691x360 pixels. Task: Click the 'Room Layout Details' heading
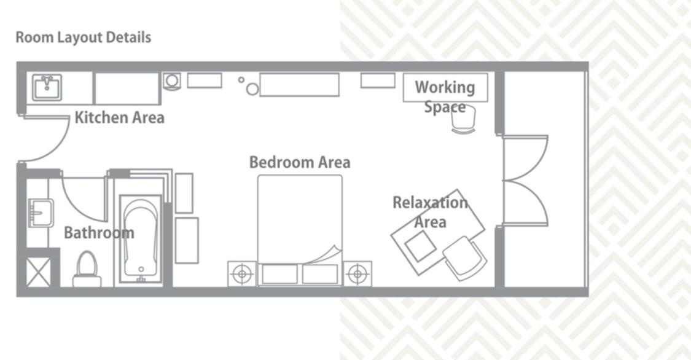[x=84, y=37]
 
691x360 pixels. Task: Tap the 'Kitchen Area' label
[x=119, y=118]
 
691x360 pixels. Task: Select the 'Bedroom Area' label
[x=300, y=162]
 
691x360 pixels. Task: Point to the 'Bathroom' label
[x=99, y=233]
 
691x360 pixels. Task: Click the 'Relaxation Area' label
[x=430, y=212]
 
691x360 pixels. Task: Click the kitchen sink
[x=47, y=87]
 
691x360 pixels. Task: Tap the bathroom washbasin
[x=41, y=213]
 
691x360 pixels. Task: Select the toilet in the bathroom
[x=87, y=269]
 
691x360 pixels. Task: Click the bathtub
[x=141, y=240]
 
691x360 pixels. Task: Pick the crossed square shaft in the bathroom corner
[x=38, y=272]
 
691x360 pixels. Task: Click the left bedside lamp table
[x=242, y=274]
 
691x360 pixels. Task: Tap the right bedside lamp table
[x=357, y=274]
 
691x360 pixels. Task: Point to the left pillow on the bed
[x=280, y=274]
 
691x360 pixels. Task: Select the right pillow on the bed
[x=321, y=274]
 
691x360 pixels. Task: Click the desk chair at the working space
[x=464, y=119]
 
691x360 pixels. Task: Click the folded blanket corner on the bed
[x=326, y=255]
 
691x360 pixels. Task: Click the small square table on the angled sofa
[x=420, y=246]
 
